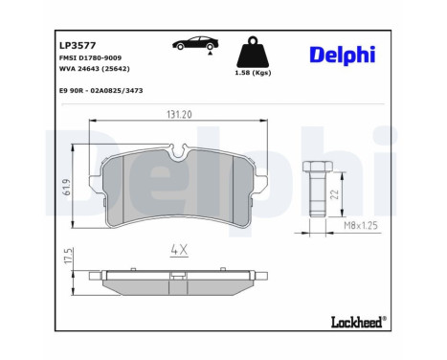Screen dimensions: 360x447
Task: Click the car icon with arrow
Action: tap(192, 46)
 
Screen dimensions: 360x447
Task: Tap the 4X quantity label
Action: tap(182, 251)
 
